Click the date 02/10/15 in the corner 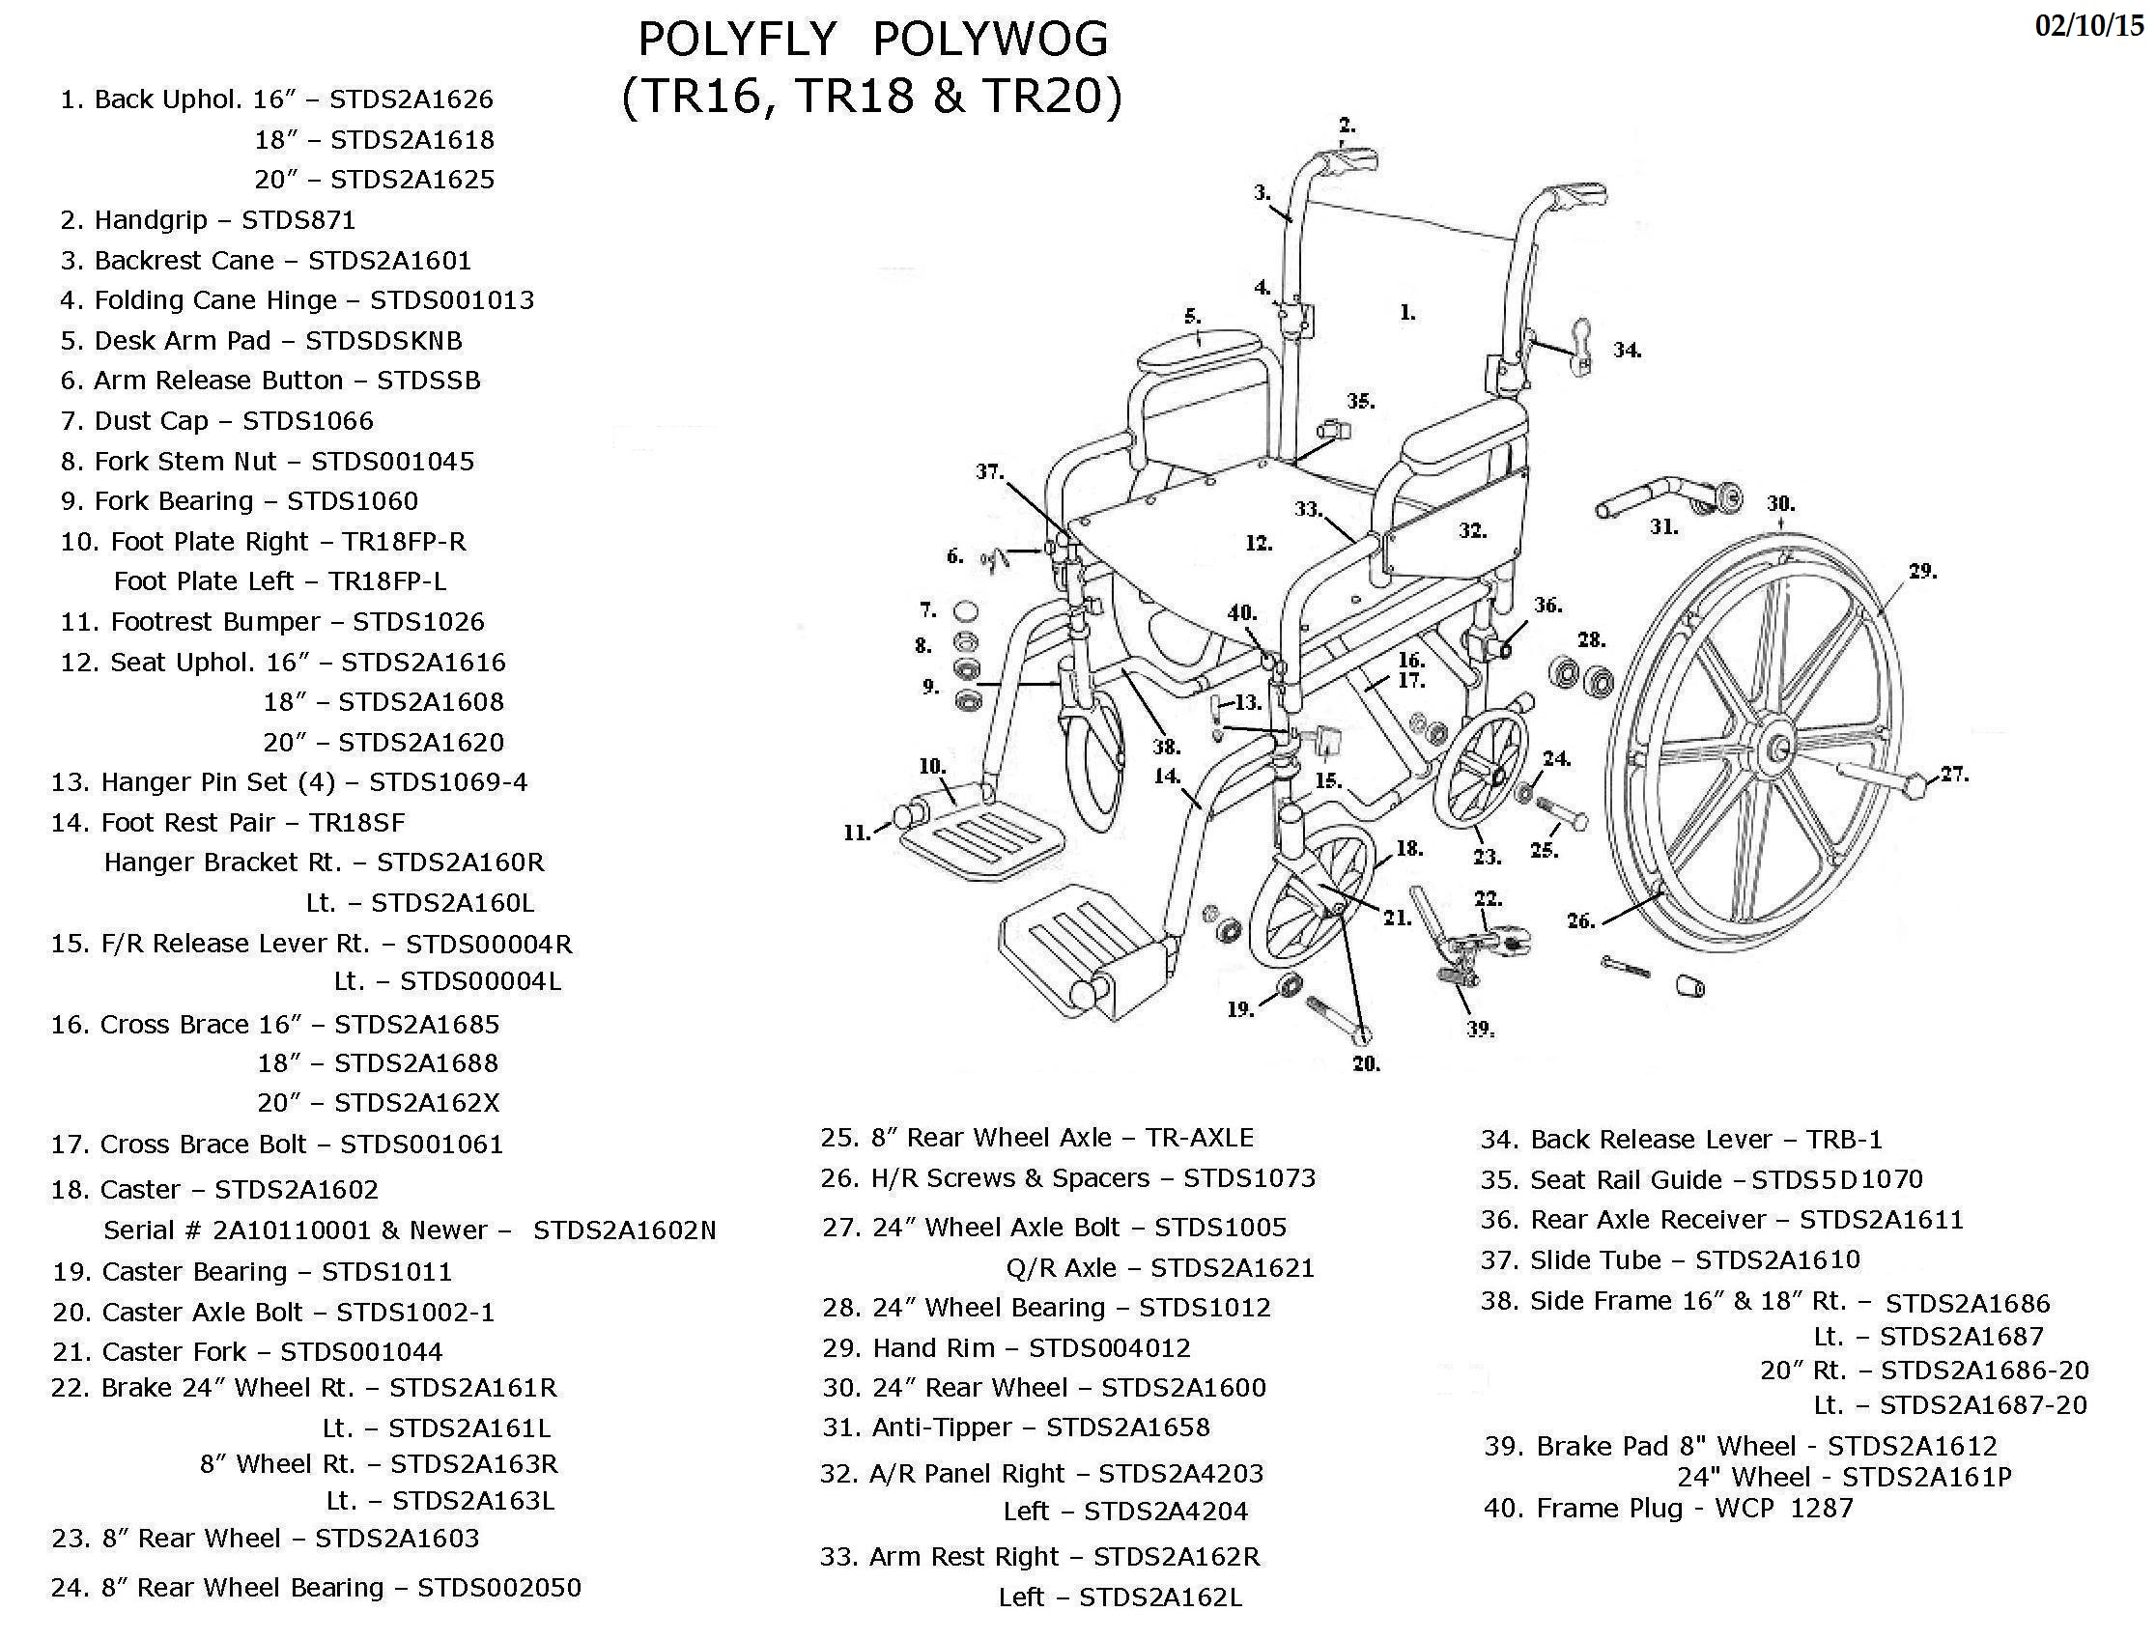[2087, 26]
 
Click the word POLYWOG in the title [990, 40]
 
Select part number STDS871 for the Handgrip [298, 219]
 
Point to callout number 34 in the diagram [1627, 350]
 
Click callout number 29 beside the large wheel [1921, 571]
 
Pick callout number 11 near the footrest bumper [856, 833]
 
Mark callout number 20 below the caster [1365, 1063]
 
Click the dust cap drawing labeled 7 [965, 612]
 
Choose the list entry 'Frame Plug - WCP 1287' [1668, 1509]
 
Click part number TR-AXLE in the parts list [1199, 1137]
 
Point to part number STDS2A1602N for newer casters [624, 1230]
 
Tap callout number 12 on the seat [1259, 543]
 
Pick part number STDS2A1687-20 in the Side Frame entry [1983, 1404]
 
